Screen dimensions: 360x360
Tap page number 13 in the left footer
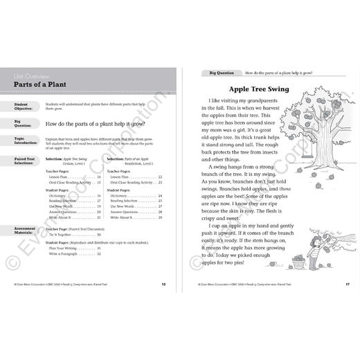pos(163,283)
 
